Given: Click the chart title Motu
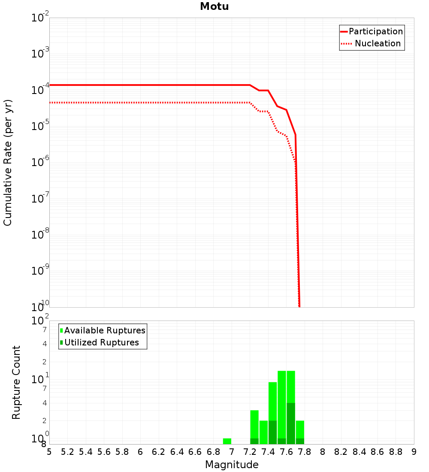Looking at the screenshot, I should (x=214, y=6).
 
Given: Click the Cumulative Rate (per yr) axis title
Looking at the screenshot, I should (x=8, y=163).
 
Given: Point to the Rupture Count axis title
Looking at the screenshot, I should (x=16, y=382).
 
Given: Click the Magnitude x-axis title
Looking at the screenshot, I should (x=232, y=465).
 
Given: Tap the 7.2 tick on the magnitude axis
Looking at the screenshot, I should (x=250, y=452).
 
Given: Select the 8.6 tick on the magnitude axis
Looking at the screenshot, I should (x=378, y=452).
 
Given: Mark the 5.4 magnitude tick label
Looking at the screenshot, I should (x=86, y=452).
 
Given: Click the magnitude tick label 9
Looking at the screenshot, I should (x=414, y=452).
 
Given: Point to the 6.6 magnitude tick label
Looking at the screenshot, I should (x=195, y=452).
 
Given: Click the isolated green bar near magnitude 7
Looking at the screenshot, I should (x=227, y=441).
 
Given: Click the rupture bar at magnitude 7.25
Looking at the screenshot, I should (x=254, y=425).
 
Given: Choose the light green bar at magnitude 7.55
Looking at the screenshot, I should (x=282, y=403).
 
